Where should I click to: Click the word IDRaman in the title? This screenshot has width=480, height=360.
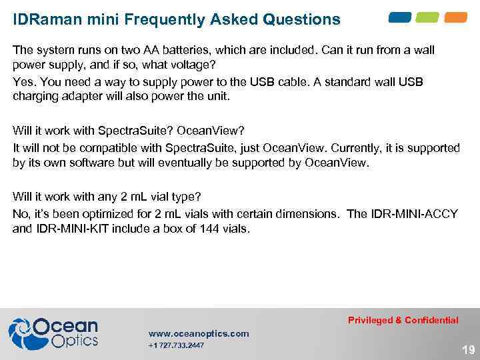point(44,19)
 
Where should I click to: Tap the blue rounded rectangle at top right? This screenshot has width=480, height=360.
point(400,17)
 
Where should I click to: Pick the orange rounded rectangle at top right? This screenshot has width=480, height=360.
point(456,17)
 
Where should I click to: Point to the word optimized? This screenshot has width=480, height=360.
point(113,214)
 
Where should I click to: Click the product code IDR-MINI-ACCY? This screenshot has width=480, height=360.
point(413,214)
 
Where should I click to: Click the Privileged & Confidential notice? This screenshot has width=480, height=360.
point(403,320)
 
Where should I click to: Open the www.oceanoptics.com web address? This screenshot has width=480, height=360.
point(199,333)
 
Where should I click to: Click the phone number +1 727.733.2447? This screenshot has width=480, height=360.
point(176,345)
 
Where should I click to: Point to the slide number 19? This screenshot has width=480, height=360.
point(468,349)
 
